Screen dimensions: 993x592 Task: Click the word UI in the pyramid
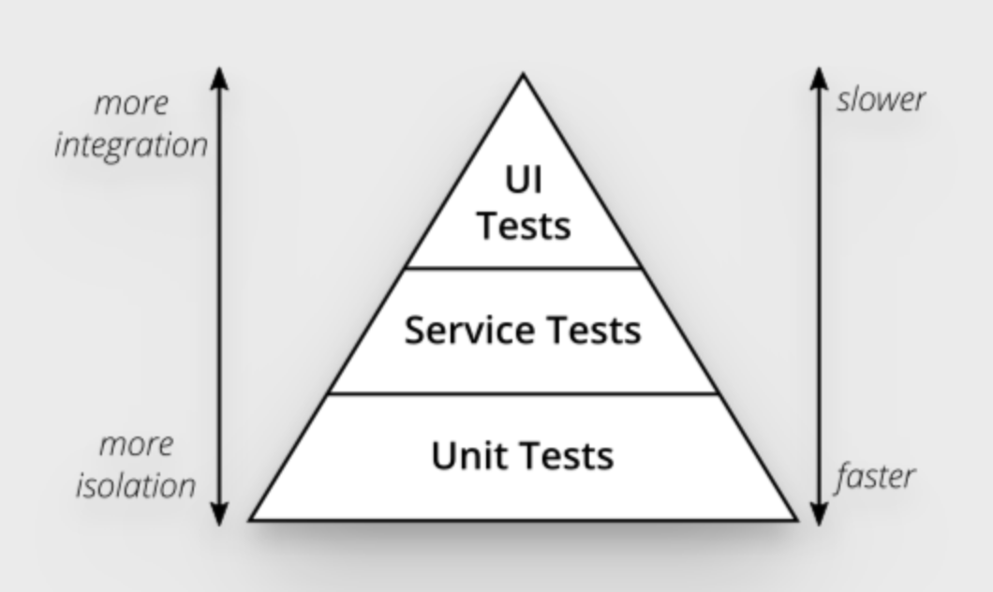[x=524, y=180]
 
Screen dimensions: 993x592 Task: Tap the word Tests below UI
[x=524, y=226]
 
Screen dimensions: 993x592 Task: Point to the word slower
[x=881, y=99]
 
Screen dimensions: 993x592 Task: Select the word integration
[x=131, y=146]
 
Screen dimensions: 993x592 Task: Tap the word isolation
[x=136, y=485]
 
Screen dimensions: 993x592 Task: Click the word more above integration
[x=132, y=104]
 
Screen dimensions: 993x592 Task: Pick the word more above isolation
[x=137, y=445]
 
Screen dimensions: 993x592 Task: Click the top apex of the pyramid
[x=523, y=75]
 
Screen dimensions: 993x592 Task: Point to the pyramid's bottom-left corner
[x=250, y=520]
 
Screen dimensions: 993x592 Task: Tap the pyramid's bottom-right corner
[x=796, y=520]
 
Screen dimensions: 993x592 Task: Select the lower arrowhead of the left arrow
[x=219, y=515]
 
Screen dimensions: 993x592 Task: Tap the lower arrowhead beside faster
[x=819, y=515]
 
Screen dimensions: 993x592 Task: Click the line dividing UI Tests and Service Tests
[x=523, y=268]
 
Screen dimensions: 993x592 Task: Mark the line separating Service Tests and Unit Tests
[x=523, y=393]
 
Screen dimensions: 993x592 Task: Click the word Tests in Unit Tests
[x=568, y=455]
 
